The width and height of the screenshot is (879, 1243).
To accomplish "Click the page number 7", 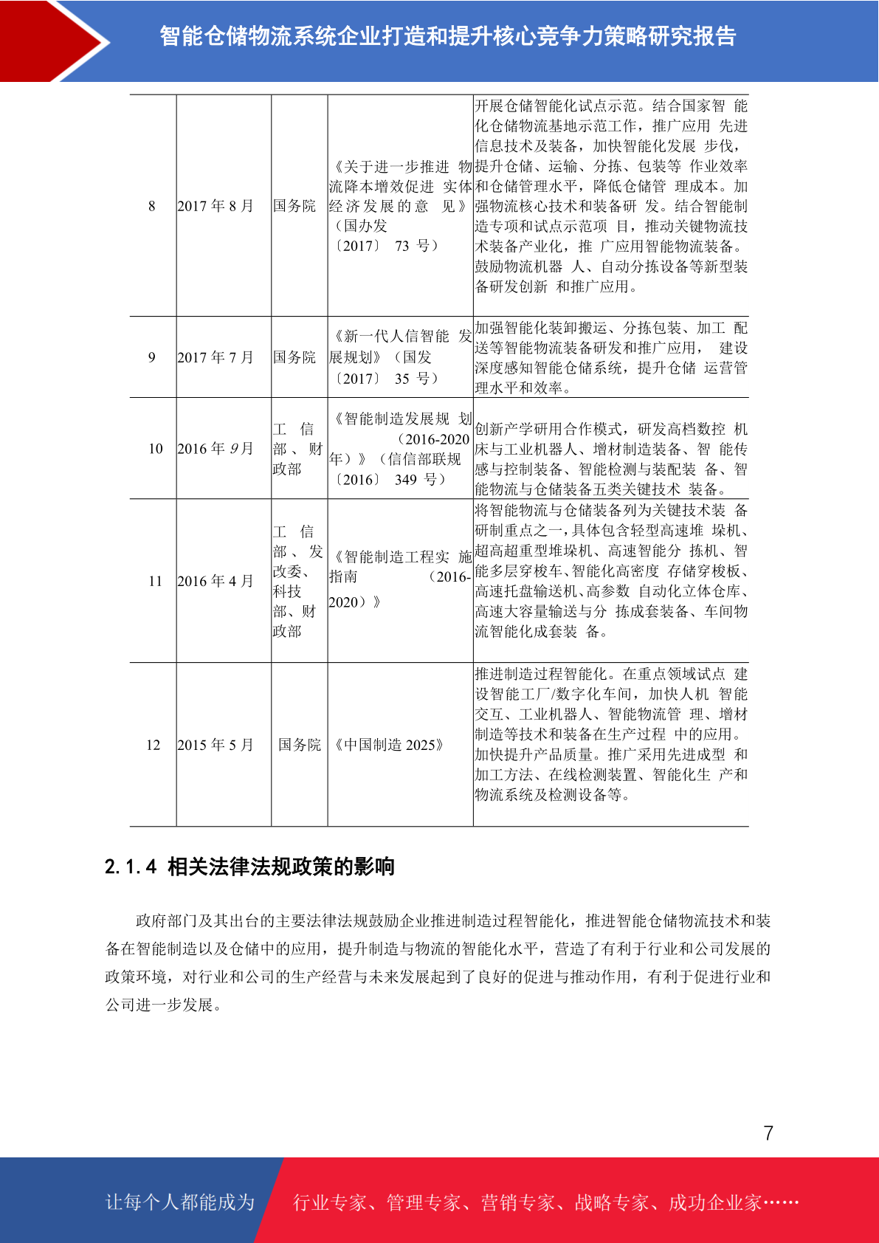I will pos(768,1133).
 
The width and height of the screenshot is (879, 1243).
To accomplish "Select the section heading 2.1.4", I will pos(249,867).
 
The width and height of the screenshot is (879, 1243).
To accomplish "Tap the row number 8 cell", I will pos(152,206).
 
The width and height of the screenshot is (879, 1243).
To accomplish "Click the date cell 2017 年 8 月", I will pos(216,206).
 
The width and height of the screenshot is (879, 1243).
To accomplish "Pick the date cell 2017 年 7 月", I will pos(216,357).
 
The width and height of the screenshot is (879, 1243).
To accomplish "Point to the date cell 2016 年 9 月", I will pos(216,449).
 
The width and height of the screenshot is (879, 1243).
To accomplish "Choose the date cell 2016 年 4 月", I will pos(216,581).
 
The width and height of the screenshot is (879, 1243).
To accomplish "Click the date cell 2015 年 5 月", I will pos(216,745).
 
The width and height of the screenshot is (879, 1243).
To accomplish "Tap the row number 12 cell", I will pos(153,745).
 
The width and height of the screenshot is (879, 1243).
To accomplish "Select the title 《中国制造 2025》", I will pos(389,745).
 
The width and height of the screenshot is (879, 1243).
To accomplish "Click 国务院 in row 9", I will pos(294,357).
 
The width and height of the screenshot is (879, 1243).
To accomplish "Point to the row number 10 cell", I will pos(155,449).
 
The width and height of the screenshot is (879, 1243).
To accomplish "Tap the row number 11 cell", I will pos(155,581).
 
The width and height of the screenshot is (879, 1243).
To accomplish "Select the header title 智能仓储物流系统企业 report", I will pos(448,36).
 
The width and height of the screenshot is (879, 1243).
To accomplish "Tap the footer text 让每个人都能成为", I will pos(180,1202).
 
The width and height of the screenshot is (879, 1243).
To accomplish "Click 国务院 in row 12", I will pos(300,745).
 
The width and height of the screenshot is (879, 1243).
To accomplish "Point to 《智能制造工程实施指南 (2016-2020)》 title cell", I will pos(399,579).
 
